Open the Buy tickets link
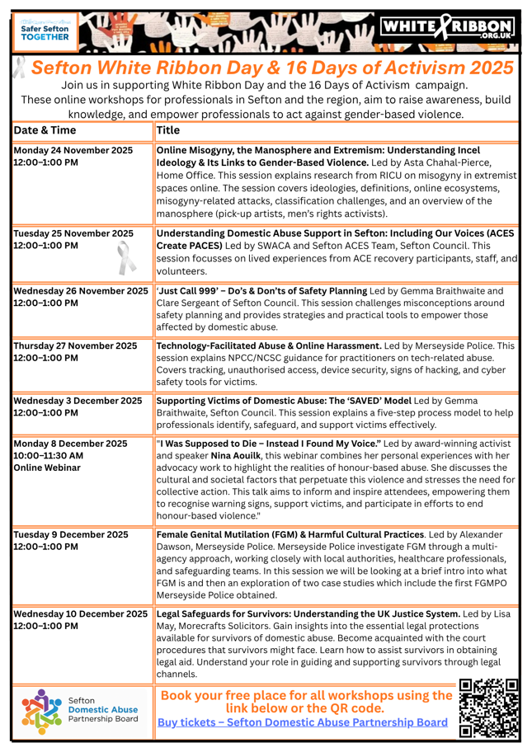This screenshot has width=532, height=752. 304,721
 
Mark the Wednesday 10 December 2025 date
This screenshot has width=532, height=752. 81,613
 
